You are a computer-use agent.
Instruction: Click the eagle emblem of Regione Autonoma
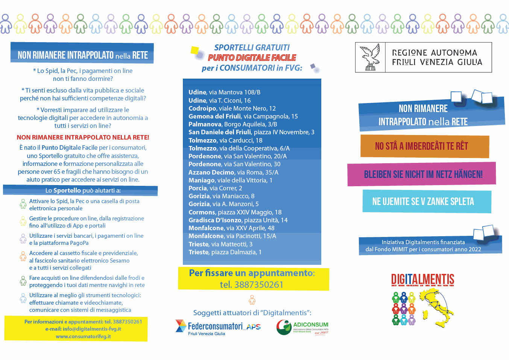click(x=370, y=57)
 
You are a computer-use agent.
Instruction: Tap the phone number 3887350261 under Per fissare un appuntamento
click(x=259, y=285)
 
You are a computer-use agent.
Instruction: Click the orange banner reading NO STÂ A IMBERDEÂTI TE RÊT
click(x=424, y=146)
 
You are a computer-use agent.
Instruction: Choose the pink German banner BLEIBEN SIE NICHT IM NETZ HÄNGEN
click(x=423, y=174)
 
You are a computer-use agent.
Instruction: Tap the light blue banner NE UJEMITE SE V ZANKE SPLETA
click(x=427, y=202)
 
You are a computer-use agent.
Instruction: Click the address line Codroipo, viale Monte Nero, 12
click(x=232, y=108)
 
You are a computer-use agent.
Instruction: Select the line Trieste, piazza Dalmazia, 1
click(x=225, y=252)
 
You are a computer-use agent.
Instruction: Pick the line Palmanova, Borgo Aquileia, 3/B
click(x=233, y=124)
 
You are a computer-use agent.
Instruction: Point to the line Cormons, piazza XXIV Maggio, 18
click(x=235, y=212)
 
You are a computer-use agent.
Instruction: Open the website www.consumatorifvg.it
click(x=83, y=336)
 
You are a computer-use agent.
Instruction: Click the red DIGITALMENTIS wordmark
click(x=422, y=279)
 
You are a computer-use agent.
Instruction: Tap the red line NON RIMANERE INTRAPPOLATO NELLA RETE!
click(x=83, y=137)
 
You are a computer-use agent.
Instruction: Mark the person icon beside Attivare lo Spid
click(x=23, y=204)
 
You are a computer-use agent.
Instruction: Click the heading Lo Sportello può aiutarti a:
click(x=83, y=190)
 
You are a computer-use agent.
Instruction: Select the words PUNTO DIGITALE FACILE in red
click(x=252, y=58)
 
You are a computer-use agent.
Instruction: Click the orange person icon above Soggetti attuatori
click(x=252, y=299)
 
